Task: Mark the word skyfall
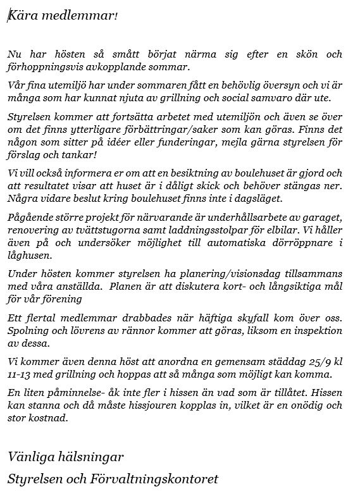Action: pyautogui.click(x=253, y=316)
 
